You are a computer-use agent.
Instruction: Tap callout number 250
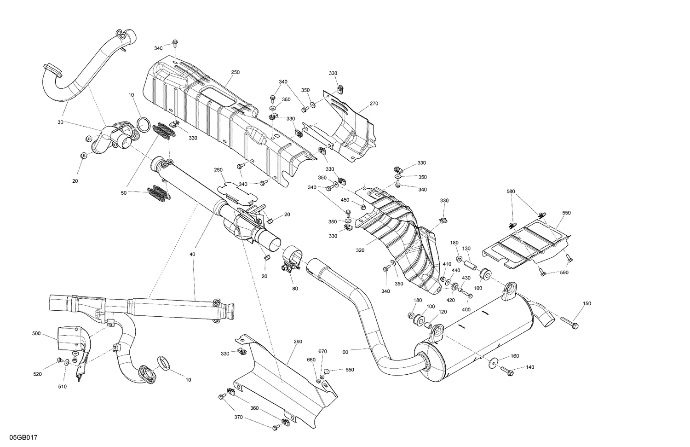tap(235, 72)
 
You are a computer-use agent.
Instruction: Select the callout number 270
tap(374, 104)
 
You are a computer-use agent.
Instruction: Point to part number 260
tap(218, 170)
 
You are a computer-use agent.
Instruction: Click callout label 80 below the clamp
tap(295, 289)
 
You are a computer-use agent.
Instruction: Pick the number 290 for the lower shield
tap(298, 342)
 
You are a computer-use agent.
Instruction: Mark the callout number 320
tap(360, 250)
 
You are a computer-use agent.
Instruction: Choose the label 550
tap(566, 213)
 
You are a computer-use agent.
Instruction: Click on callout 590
tap(564, 273)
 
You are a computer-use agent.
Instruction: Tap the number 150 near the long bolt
tap(587, 303)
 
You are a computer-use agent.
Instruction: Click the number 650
tap(350, 370)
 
